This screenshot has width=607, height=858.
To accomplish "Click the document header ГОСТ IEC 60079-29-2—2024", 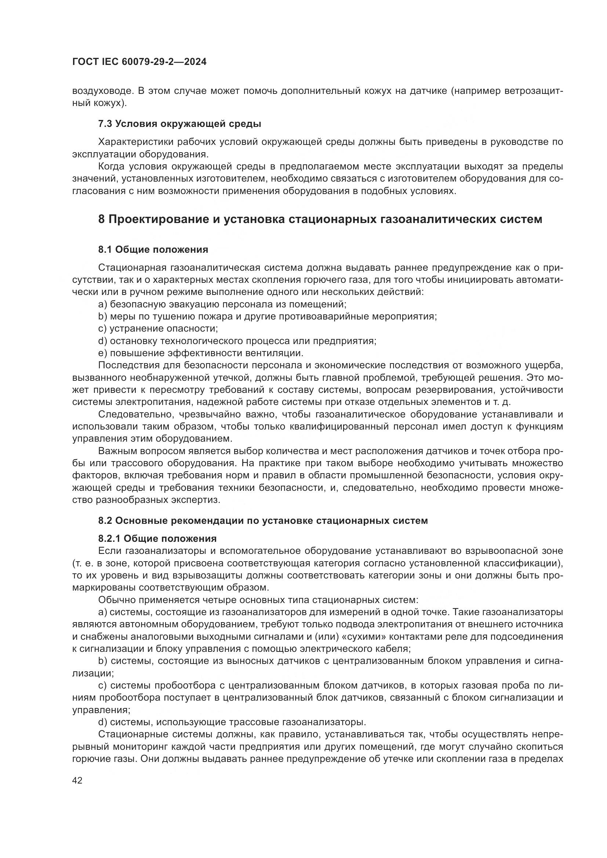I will click(x=139, y=62).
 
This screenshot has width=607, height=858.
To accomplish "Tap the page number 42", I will click(x=77, y=780).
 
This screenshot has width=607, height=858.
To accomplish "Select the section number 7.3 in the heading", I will click(x=105, y=124).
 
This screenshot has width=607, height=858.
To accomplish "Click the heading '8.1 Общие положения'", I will click(x=153, y=249).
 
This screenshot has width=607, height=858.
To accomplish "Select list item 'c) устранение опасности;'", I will click(x=158, y=328).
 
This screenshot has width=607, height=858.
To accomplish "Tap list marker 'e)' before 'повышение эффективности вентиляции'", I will click(x=102, y=353).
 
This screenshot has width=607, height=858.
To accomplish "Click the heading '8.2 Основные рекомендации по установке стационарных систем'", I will click(x=263, y=520).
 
